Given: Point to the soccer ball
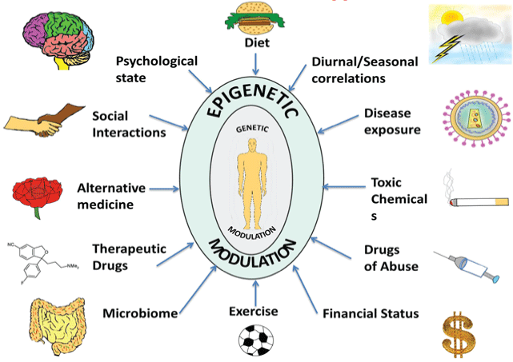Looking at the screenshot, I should click(x=255, y=339).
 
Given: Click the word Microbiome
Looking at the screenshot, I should click(x=140, y=312).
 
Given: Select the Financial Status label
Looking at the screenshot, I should click(x=371, y=312).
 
